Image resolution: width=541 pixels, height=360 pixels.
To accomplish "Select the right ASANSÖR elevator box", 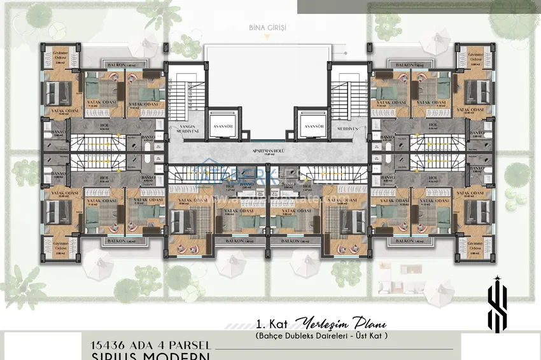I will point(314,126).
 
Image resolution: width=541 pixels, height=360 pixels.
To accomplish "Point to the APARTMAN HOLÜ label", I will point(268,152).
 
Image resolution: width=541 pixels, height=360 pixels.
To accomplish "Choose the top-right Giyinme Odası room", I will point(475,59).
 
